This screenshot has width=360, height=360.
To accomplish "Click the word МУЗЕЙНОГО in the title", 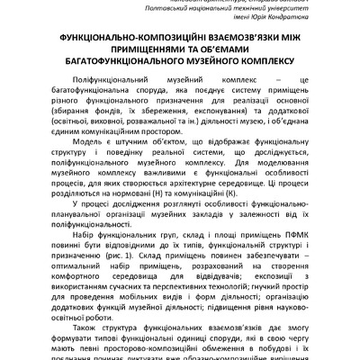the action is pyautogui.click(x=215, y=65).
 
